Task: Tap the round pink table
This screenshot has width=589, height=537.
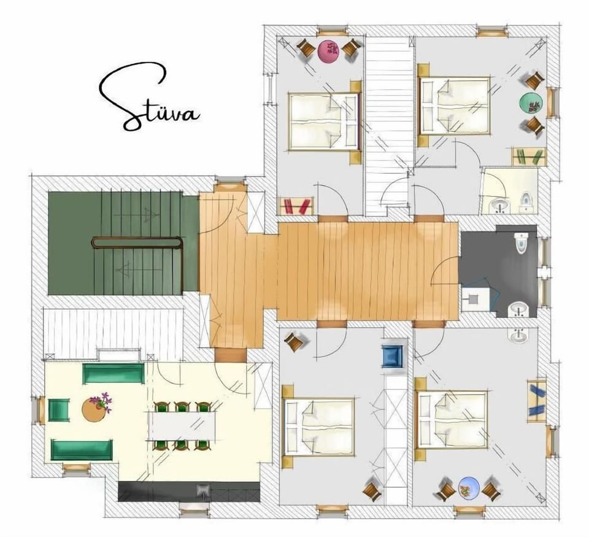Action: (329, 51)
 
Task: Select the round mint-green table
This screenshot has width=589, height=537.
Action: (530, 102)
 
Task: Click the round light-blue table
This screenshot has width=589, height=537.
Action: (469, 488)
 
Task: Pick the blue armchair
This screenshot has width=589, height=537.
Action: (392, 356)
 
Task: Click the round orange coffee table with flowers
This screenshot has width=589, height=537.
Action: (94, 409)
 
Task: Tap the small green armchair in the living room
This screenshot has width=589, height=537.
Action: (60, 411)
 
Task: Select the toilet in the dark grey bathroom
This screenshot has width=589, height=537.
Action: (522, 242)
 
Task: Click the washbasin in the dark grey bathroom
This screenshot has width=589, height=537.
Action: (518, 311)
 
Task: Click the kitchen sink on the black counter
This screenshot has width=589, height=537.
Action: (204, 490)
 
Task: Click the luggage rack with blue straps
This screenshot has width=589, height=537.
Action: (536, 402)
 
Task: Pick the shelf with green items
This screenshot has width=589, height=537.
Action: (529, 156)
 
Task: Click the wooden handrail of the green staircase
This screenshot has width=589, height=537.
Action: (137, 242)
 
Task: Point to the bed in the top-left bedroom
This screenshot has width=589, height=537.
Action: (324, 121)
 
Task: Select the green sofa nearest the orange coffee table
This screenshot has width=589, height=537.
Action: (113, 373)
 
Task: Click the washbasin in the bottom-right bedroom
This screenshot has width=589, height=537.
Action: (518, 334)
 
